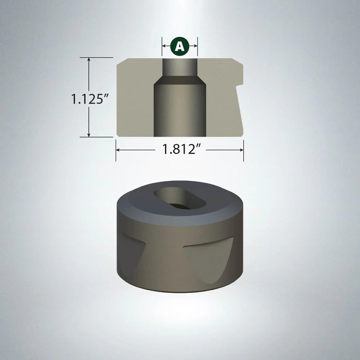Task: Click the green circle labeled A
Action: [180, 46]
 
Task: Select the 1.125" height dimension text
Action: [87, 99]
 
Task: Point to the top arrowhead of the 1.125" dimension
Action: [89, 59]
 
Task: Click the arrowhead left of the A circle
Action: [164, 46]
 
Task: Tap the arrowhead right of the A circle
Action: [195, 46]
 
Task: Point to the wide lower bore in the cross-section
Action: [180, 111]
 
